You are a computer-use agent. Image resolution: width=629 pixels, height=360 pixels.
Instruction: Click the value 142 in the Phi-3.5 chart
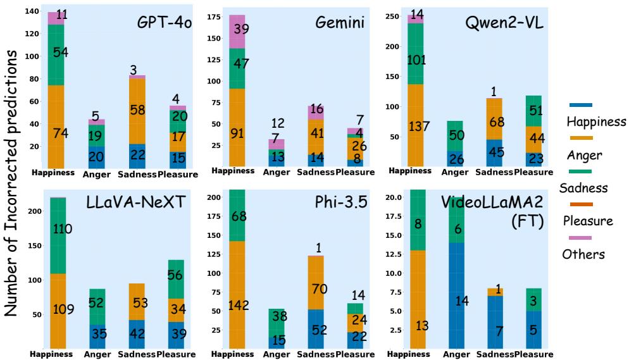point(238,306)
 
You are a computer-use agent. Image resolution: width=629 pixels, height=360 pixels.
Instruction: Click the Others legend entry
point(584,254)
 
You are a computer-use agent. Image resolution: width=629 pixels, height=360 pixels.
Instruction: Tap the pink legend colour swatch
point(582,238)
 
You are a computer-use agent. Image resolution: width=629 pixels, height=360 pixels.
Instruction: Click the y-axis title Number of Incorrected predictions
point(11,180)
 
